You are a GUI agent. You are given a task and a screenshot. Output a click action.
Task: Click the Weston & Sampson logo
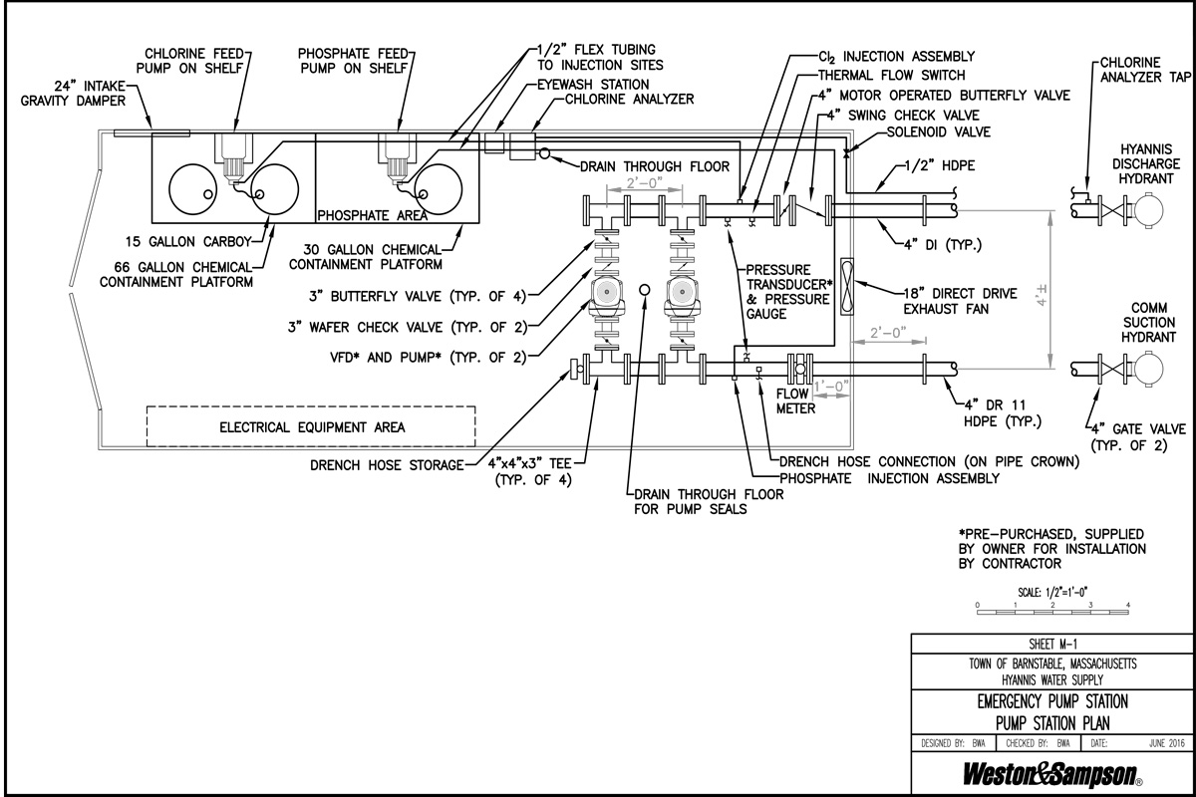click(x=1051, y=775)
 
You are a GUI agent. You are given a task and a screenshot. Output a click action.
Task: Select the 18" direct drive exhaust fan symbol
click(x=846, y=287)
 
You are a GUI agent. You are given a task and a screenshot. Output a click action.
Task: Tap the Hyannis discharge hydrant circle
click(x=1148, y=210)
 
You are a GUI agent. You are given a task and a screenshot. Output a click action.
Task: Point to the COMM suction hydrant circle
click(x=1148, y=369)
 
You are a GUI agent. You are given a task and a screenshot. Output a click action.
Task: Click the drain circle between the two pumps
click(x=645, y=290)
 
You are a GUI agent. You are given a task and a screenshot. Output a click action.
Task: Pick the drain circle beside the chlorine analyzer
click(x=544, y=153)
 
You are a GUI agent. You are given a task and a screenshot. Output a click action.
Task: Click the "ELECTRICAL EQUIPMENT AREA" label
click(x=312, y=427)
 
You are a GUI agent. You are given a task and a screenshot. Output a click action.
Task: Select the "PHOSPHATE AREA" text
click(x=372, y=215)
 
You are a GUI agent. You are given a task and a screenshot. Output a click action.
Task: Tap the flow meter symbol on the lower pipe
click(x=799, y=369)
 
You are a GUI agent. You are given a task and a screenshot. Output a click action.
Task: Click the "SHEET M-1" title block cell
click(x=1051, y=644)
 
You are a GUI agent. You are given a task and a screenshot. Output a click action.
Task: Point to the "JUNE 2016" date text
click(x=1167, y=743)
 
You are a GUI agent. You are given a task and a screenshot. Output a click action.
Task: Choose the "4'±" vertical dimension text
click(x=1042, y=296)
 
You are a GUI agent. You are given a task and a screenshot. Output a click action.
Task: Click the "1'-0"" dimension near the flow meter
click(x=831, y=386)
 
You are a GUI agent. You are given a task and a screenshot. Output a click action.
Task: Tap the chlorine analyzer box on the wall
click(x=522, y=146)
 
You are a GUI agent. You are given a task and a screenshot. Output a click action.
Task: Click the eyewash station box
click(x=494, y=142)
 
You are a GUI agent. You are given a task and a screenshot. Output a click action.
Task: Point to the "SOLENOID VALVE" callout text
click(x=939, y=132)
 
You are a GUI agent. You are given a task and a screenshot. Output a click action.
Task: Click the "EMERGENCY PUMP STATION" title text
click(x=1052, y=701)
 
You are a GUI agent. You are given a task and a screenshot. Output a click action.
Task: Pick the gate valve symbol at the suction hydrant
click(x=1112, y=369)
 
